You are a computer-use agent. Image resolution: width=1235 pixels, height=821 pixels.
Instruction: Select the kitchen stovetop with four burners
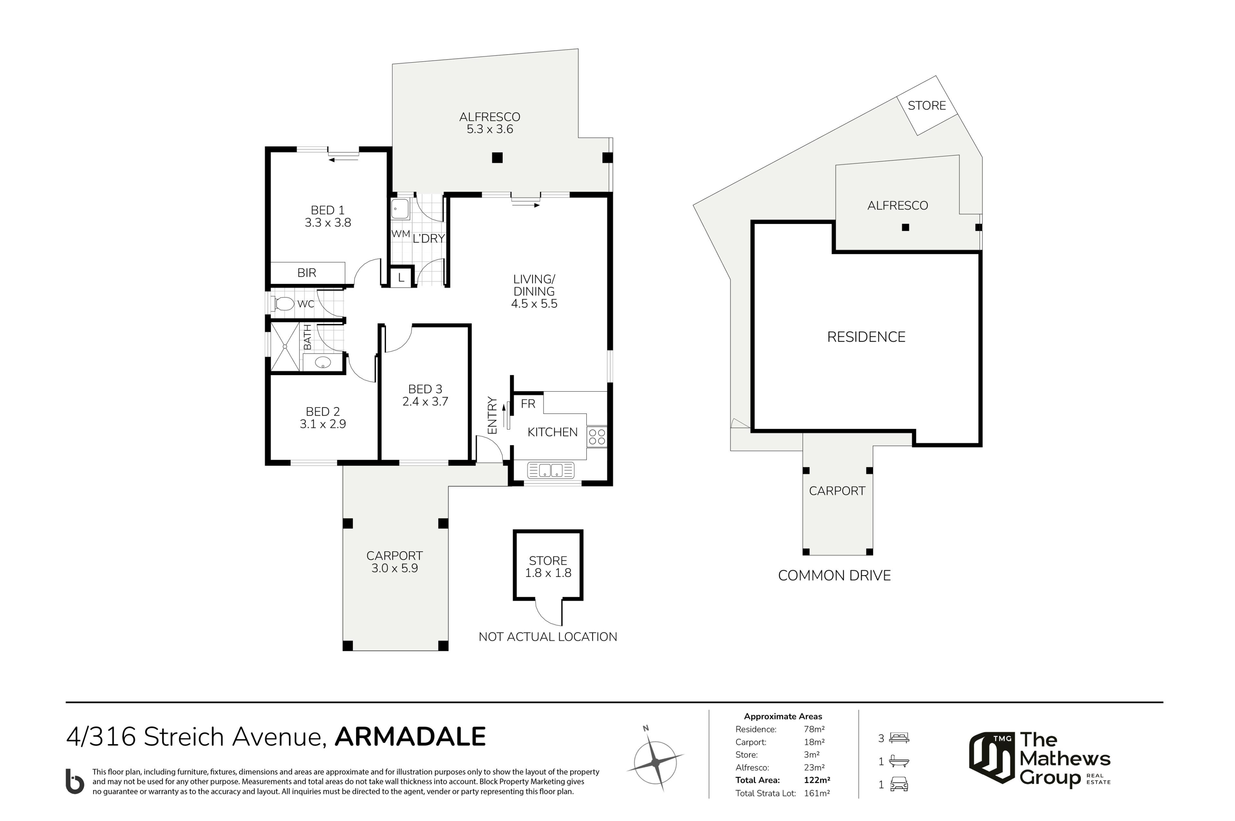[597, 437]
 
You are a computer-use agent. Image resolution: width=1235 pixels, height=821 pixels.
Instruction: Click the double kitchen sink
[551, 470]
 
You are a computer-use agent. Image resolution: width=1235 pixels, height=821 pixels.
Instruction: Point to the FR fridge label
[528, 404]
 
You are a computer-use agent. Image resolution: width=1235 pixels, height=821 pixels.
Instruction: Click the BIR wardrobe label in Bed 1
[307, 273]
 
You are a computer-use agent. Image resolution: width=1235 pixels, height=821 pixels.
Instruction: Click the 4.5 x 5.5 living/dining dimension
[534, 304]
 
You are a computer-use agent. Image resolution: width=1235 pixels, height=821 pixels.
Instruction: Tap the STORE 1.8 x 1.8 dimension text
[548, 573]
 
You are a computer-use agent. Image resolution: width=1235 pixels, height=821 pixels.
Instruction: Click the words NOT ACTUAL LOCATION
[548, 637]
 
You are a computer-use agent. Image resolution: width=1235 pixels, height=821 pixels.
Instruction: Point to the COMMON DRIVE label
[834, 575]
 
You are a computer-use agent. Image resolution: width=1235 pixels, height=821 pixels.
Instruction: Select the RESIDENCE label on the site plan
[866, 337]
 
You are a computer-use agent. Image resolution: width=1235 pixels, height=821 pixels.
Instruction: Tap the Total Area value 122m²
[817, 780]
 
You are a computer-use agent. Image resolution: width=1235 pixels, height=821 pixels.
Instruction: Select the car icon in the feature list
[899, 784]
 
